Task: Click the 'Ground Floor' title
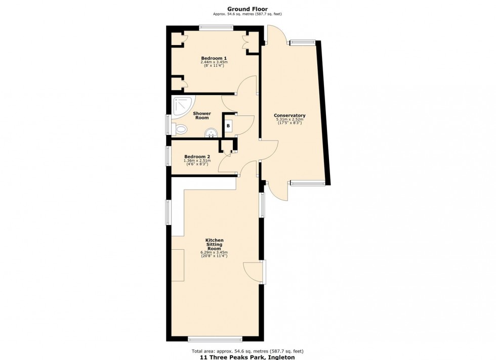247,9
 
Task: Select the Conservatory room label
290,115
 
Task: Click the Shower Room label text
202,116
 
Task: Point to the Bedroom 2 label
197,156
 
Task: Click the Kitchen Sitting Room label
214,244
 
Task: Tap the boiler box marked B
228,125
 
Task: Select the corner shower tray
180,106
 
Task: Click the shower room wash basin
211,133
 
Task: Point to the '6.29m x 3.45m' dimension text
214,252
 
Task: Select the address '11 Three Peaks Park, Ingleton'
247,357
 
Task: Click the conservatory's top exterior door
277,35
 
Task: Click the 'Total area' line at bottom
247,351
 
